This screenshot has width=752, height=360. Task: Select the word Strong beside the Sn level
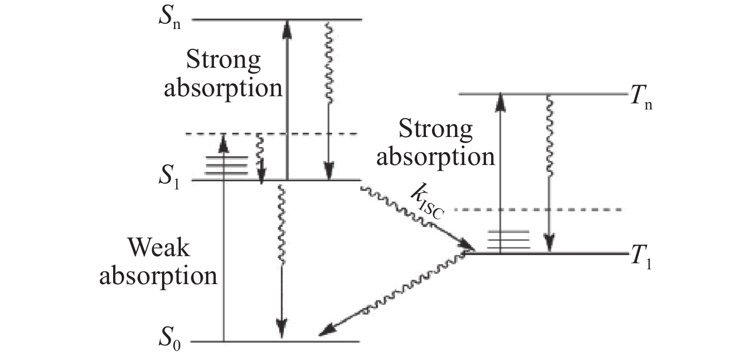(x=224, y=61)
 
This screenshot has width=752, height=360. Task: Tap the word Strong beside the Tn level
(x=436, y=130)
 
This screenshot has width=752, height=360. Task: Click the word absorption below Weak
(x=158, y=275)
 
